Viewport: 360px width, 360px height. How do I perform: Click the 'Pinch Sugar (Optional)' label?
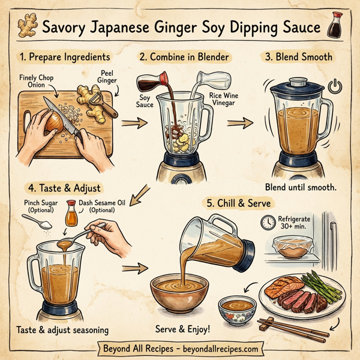click(41, 206)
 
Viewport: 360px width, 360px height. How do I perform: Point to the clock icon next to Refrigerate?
click(267, 223)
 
